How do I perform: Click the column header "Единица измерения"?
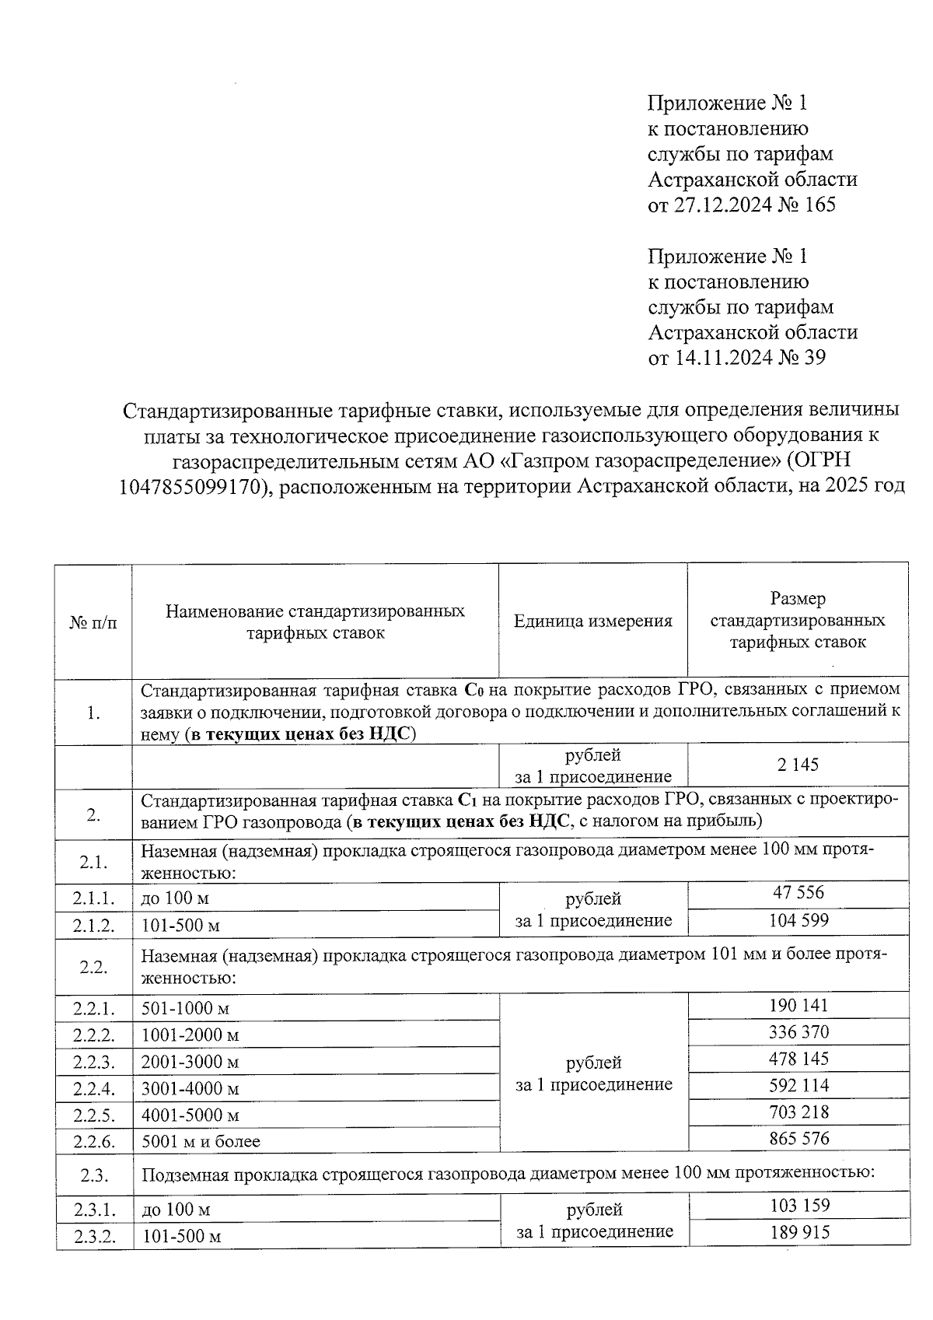(x=592, y=621)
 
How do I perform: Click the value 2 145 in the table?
(x=798, y=765)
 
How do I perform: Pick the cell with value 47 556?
(x=798, y=893)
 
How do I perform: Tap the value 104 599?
(x=798, y=921)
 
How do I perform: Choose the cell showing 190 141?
(x=798, y=1005)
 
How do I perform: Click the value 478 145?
(x=798, y=1059)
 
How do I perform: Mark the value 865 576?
(x=798, y=1139)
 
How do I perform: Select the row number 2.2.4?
(x=94, y=1088)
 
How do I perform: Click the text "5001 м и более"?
(x=201, y=1142)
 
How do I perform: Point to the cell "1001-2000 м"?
(x=190, y=1035)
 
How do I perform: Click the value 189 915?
(x=798, y=1233)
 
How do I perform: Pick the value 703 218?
(x=798, y=1112)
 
